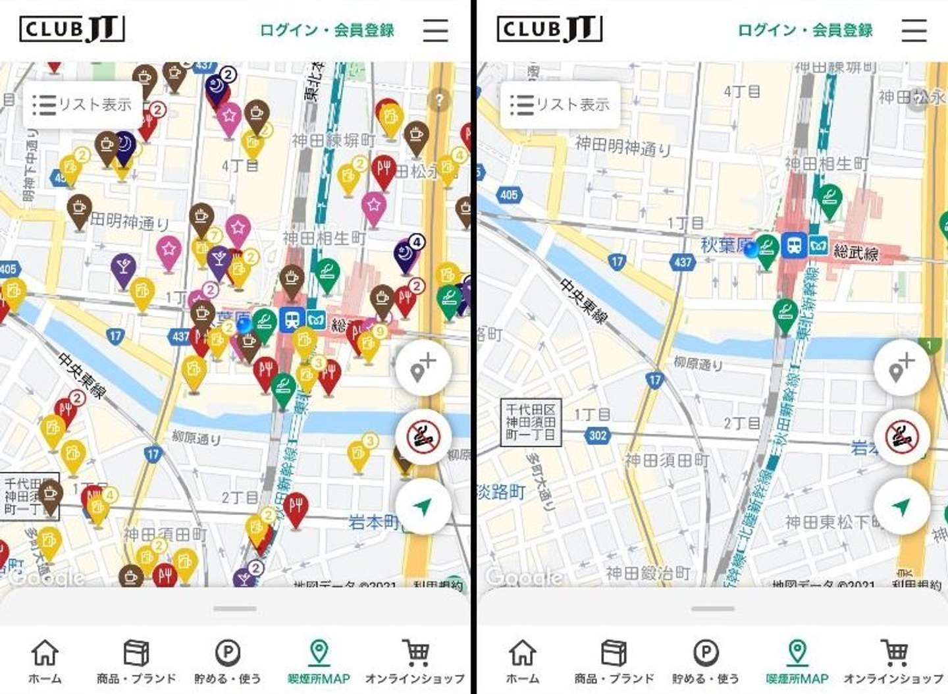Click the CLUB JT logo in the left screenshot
[x=72, y=29]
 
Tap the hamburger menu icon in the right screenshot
[x=913, y=30]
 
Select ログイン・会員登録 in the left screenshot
[x=327, y=30]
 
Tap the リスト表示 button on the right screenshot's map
[x=560, y=105]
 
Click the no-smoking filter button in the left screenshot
[x=423, y=437]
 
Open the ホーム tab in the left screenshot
[x=45, y=661]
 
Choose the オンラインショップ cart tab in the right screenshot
[x=893, y=661]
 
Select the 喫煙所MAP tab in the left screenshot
[x=319, y=661]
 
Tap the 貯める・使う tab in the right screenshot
[x=705, y=661]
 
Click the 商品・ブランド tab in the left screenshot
[x=136, y=661]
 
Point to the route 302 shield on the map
[x=598, y=435]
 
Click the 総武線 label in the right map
[x=856, y=252]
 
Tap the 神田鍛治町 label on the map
[x=648, y=574]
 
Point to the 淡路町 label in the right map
[x=502, y=491]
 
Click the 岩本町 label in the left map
[x=373, y=522]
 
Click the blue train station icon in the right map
[x=794, y=246]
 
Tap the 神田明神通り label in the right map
[x=623, y=146]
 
